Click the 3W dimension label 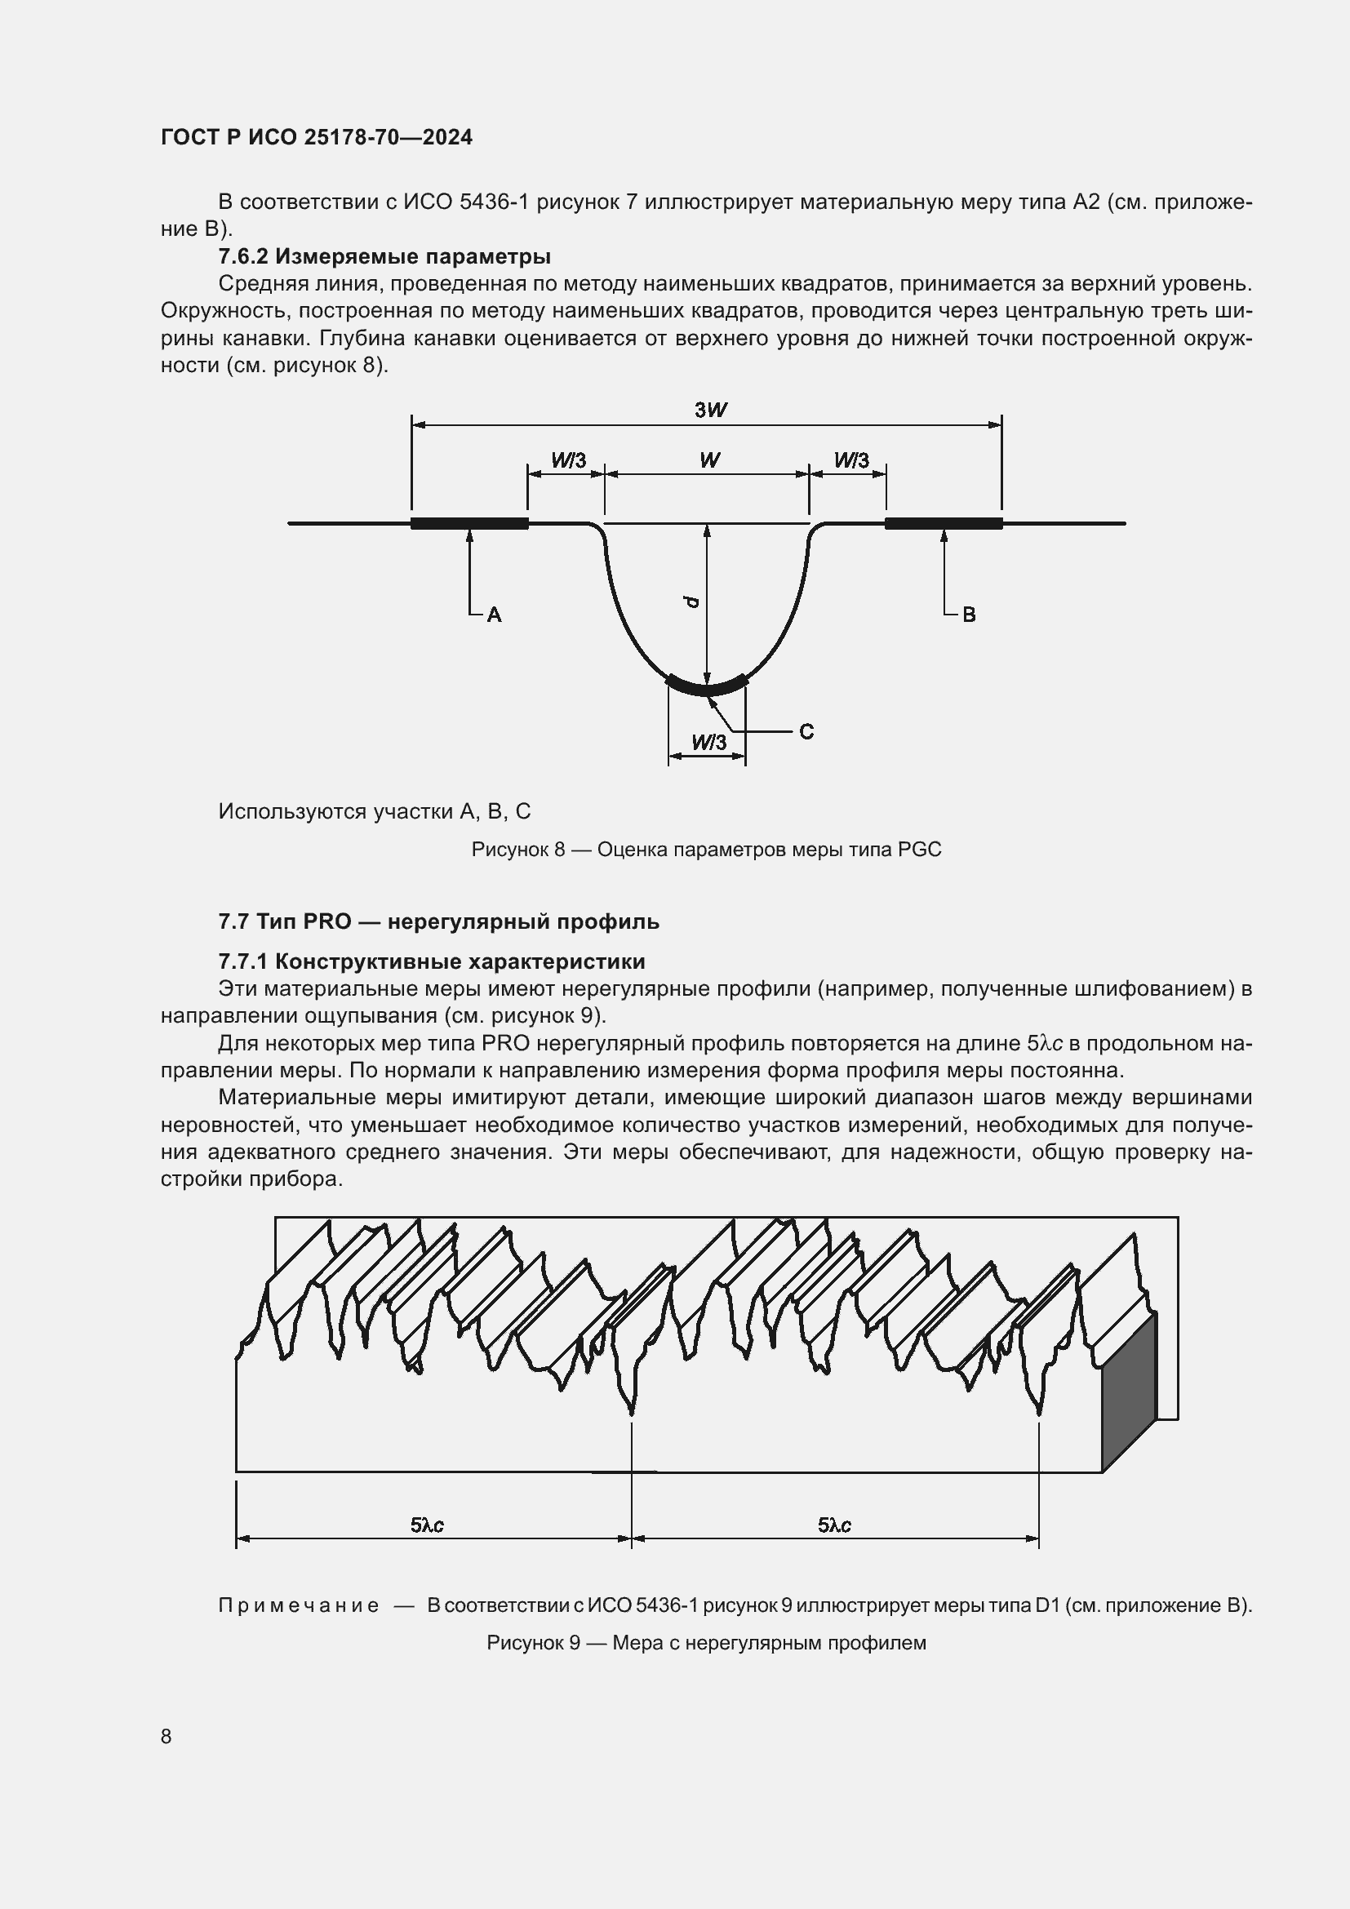point(711,410)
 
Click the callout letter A point(494,615)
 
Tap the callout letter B point(969,615)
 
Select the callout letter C point(806,731)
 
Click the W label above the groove point(709,459)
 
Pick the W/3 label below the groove point(708,743)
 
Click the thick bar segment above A point(469,523)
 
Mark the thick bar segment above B point(944,523)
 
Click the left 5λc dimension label point(426,1525)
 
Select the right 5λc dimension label point(834,1525)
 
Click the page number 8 point(167,1736)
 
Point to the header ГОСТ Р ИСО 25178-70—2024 point(317,137)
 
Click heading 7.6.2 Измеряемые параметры point(384,256)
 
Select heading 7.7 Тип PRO point(438,921)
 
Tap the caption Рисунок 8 point(706,849)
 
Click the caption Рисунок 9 point(706,1643)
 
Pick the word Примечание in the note point(299,1605)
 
